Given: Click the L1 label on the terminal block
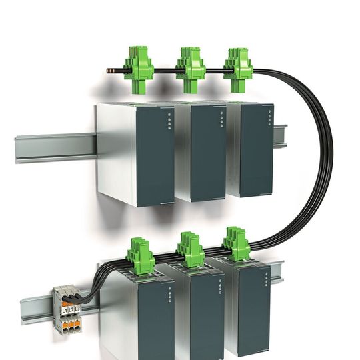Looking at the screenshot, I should coord(64,311).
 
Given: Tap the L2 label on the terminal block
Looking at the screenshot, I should coord(71,311).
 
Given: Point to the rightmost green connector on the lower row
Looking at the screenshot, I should coord(237,245).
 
